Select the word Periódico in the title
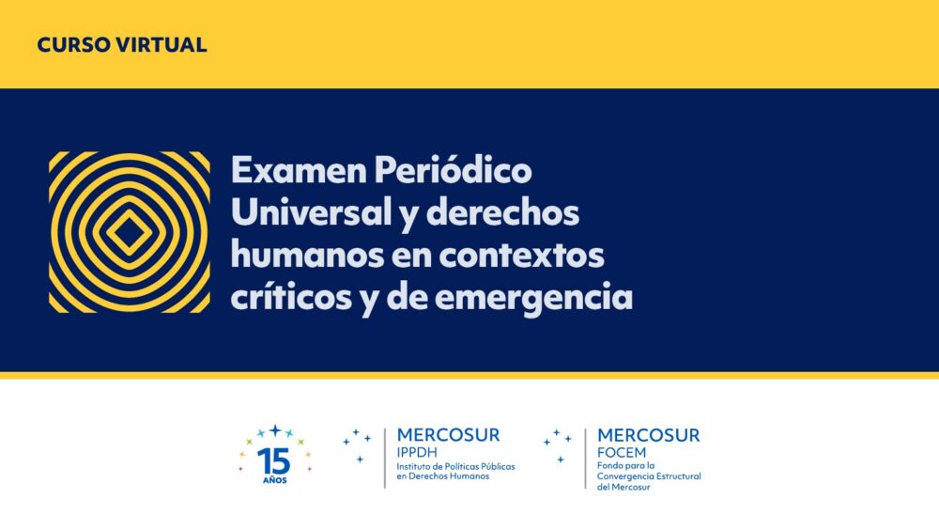454,171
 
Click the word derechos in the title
503,212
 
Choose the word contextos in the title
521,256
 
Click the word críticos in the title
291,297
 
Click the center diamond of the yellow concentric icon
129,232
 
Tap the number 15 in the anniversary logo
273,461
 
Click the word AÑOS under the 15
275,480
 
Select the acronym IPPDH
417,453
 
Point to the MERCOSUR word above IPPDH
448,435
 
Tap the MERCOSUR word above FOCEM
649,435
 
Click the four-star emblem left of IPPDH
357,445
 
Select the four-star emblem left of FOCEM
558,445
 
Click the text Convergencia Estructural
649,476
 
